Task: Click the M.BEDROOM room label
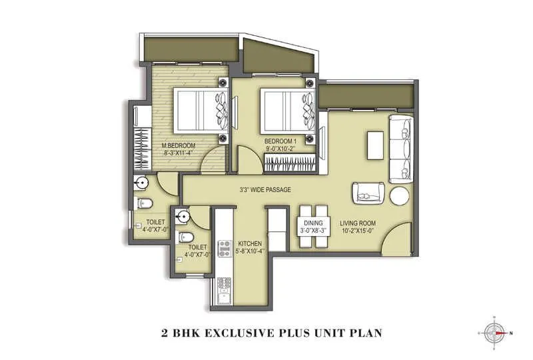(177, 145)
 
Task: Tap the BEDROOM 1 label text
(280, 141)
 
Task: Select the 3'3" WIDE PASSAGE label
(265, 190)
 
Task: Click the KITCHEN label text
(249, 243)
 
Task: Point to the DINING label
(312, 223)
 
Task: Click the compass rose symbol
(493, 331)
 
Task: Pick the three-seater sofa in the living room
(400, 149)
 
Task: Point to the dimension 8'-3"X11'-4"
(177, 153)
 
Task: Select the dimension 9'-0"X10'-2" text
(280, 150)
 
